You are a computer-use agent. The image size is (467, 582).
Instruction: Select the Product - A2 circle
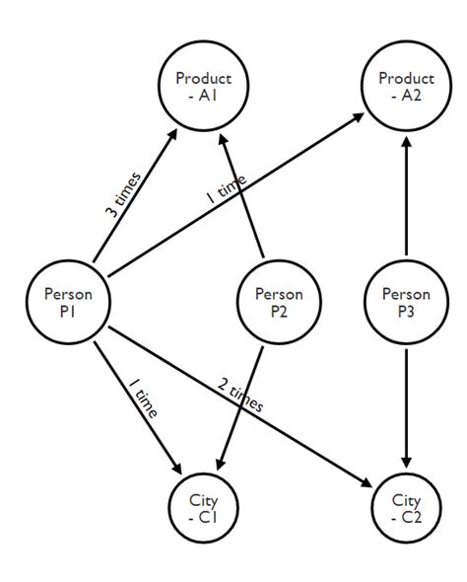click(x=404, y=87)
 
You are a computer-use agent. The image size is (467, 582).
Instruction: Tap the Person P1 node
click(x=68, y=302)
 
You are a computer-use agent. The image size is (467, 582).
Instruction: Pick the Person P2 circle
click(x=279, y=302)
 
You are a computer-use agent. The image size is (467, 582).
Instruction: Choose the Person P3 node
click(x=405, y=302)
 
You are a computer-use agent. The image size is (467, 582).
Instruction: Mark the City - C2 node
click(x=405, y=507)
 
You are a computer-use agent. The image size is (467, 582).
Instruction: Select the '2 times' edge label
click(x=239, y=393)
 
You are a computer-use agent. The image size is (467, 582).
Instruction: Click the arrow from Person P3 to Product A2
click(x=405, y=197)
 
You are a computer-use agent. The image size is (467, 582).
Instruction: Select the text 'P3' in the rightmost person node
click(x=405, y=311)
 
